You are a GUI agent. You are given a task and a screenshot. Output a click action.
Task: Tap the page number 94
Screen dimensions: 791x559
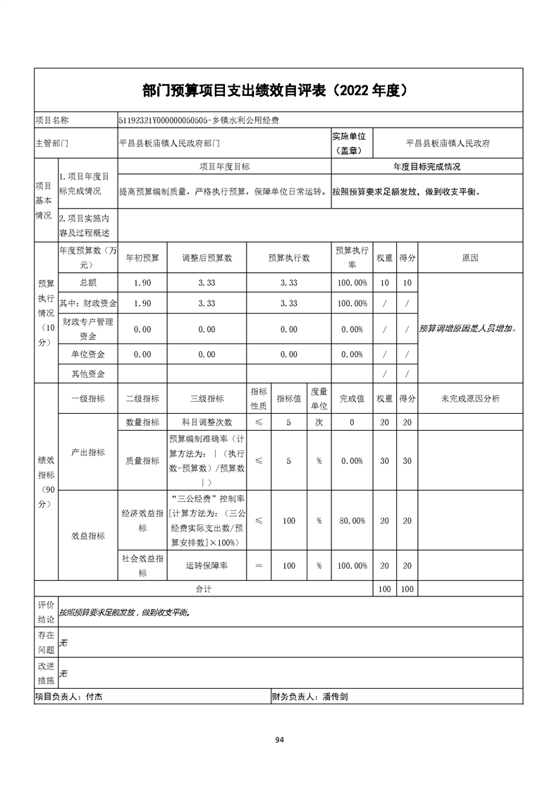click(279, 740)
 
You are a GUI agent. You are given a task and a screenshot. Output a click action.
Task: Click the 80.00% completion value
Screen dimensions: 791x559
click(352, 521)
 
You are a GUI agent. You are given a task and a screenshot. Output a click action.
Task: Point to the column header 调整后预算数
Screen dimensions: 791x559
click(207, 258)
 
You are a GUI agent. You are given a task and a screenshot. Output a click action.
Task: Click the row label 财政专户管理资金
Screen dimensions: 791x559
click(88, 329)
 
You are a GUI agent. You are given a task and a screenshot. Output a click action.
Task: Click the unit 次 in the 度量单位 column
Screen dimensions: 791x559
click(319, 422)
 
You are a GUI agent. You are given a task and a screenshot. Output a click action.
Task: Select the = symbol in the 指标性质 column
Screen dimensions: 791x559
click(259, 565)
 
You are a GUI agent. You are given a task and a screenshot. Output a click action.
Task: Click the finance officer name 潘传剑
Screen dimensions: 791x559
click(336, 697)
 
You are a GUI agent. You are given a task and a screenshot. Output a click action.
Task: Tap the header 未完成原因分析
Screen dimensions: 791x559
click(470, 399)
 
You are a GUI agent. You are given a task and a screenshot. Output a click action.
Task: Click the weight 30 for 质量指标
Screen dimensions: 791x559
click(384, 460)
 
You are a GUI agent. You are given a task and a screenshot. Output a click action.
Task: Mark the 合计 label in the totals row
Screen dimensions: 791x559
click(203, 588)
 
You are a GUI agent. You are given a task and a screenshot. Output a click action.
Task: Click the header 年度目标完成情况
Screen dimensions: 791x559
click(426, 167)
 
